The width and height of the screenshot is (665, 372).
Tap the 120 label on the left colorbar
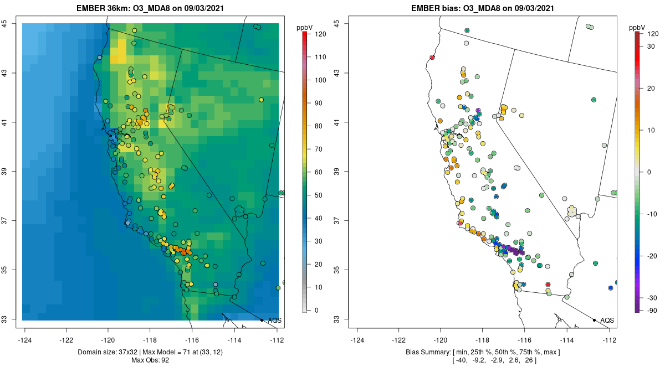320,34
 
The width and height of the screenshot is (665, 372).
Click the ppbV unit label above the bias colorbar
638,28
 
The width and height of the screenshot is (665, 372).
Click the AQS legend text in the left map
275,320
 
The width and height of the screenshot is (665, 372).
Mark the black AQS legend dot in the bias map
594,320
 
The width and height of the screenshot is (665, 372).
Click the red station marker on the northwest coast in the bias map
432,58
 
